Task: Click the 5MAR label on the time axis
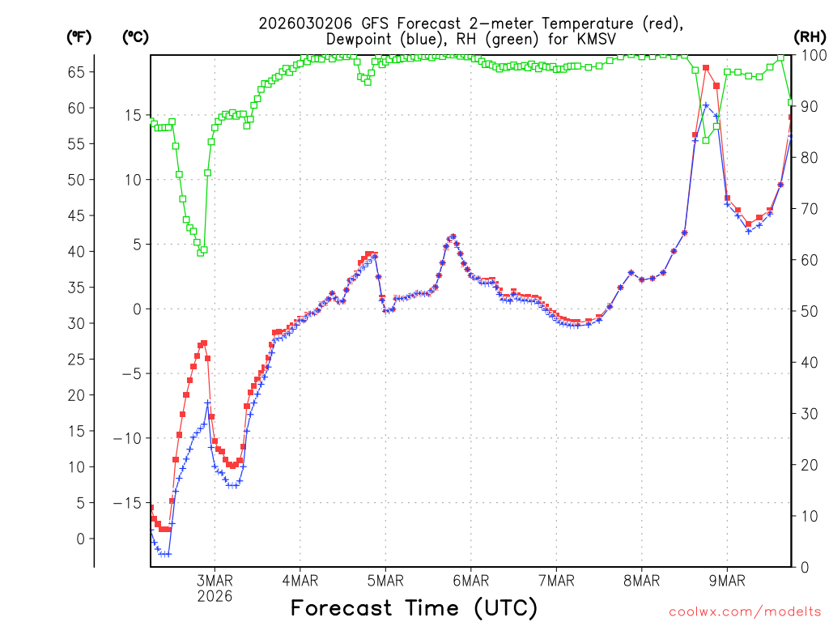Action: point(385,581)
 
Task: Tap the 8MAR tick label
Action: point(642,581)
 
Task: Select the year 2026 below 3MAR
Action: point(215,596)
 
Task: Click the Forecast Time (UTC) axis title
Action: point(414,607)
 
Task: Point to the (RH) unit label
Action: point(810,36)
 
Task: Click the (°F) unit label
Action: point(79,36)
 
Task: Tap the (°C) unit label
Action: point(136,36)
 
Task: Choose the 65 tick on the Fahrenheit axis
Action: point(76,72)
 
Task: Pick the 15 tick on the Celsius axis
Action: point(132,115)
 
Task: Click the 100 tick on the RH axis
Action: point(814,55)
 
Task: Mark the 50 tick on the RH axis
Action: point(810,311)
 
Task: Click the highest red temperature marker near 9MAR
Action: point(706,68)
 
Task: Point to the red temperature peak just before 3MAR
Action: point(204,343)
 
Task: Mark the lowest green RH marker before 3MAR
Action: point(200,253)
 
